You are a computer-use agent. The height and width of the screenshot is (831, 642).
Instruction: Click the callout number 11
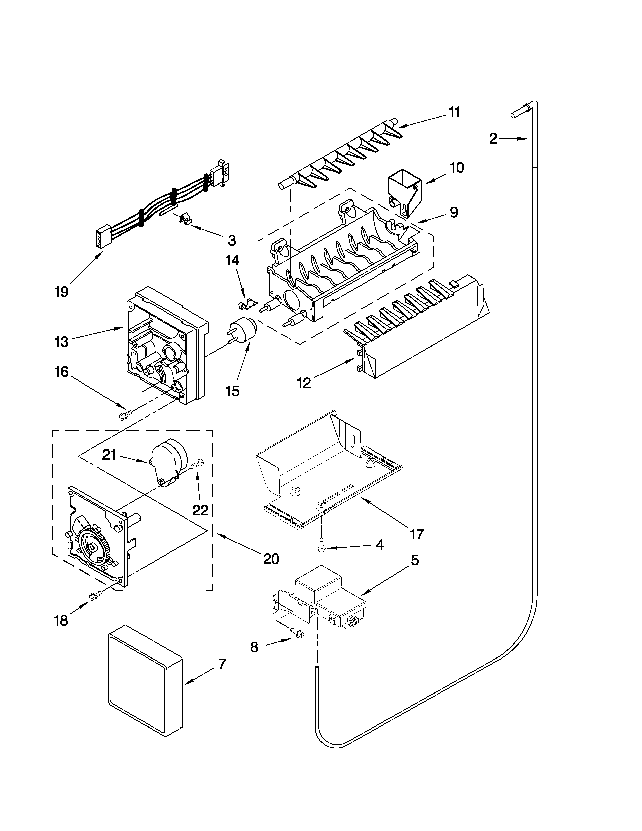[454, 112]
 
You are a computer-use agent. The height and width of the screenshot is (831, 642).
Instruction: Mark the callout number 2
[493, 139]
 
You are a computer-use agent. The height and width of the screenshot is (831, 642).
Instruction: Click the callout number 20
[271, 559]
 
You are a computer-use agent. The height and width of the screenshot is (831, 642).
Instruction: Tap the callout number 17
[417, 535]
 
